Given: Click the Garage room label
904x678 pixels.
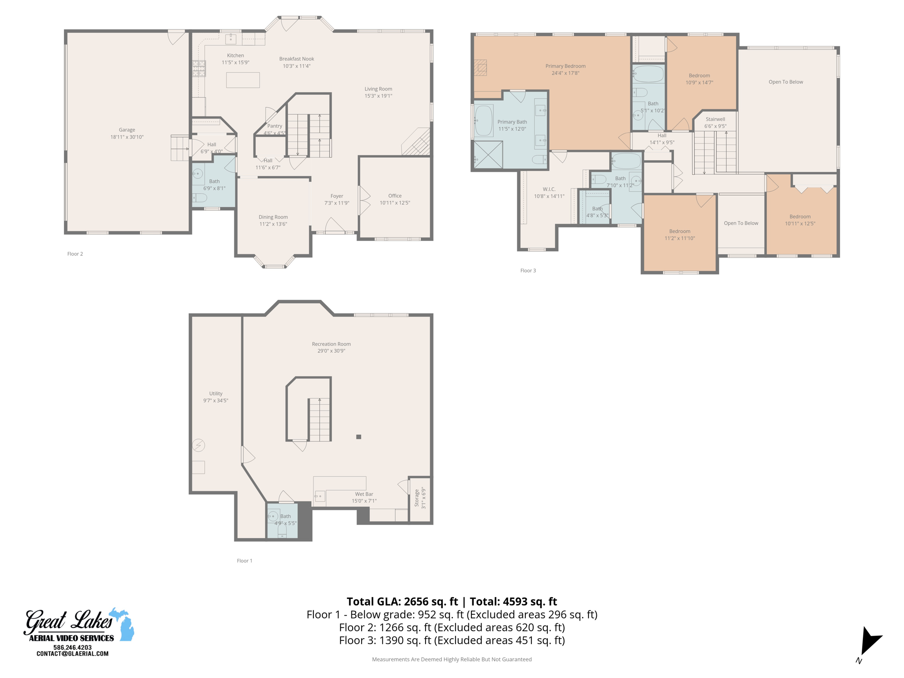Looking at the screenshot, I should pyautogui.click(x=127, y=130).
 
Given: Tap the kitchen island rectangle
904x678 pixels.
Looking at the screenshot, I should pyautogui.click(x=243, y=80).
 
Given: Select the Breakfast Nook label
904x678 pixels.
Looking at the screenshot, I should pyautogui.click(x=296, y=59).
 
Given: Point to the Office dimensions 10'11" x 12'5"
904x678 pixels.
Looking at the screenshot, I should pyautogui.click(x=395, y=203).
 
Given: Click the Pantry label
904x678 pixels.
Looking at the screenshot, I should pyautogui.click(x=275, y=126).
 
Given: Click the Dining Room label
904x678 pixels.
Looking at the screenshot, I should pyautogui.click(x=273, y=217).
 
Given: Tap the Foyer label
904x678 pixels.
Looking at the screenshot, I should pyautogui.click(x=336, y=196).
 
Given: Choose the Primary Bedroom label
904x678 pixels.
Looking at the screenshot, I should pyautogui.click(x=565, y=66).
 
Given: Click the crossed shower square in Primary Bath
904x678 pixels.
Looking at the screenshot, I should pyautogui.click(x=488, y=154).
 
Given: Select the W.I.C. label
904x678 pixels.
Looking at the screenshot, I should pyautogui.click(x=549, y=189).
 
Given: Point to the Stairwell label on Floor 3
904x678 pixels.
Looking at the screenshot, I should pyautogui.click(x=715, y=119).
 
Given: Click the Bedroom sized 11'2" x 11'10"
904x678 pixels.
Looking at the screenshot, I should pyautogui.click(x=679, y=234).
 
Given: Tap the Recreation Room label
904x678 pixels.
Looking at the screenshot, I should pyautogui.click(x=331, y=344).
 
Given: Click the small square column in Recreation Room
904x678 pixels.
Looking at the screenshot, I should pyautogui.click(x=358, y=437).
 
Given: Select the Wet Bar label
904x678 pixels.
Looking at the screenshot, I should pyautogui.click(x=364, y=494).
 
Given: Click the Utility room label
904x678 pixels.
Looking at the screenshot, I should pyautogui.click(x=215, y=393).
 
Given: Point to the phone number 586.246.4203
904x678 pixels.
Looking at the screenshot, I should pyautogui.click(x=72, y=648).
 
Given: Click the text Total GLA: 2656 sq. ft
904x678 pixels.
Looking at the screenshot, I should pyautogui.click(x=402, y=602).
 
